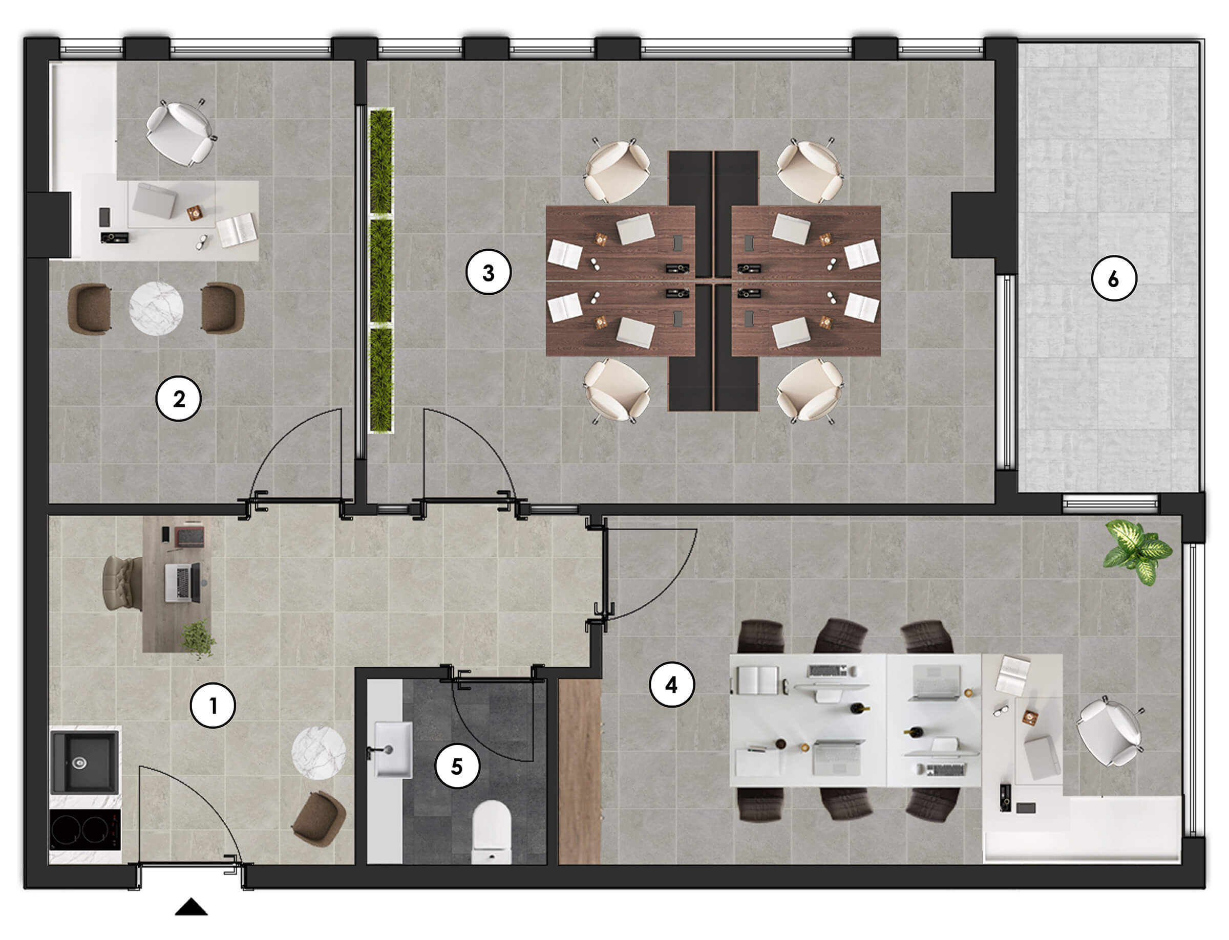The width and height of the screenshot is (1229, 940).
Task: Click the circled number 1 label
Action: click(213, 706)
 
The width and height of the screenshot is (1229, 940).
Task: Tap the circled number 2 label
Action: click(179, 399)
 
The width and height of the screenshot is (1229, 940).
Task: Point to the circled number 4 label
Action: click(671, 684)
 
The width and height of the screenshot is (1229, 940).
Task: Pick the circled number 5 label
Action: click(457, 766)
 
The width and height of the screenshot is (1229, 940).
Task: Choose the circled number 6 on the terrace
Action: click(1113, 278)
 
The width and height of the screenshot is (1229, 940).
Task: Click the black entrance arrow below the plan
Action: click(191, 907)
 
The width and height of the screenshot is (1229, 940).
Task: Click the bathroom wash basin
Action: click(393, 749)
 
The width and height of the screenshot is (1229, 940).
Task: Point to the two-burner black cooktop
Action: click(85, 830)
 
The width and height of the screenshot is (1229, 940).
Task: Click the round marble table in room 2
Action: click(156, 308)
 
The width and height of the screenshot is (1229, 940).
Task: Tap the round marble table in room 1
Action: click(319, 753)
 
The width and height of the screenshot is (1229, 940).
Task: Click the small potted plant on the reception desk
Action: click(198, 639)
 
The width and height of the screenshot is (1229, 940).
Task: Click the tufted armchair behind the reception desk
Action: click(122, 583)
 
